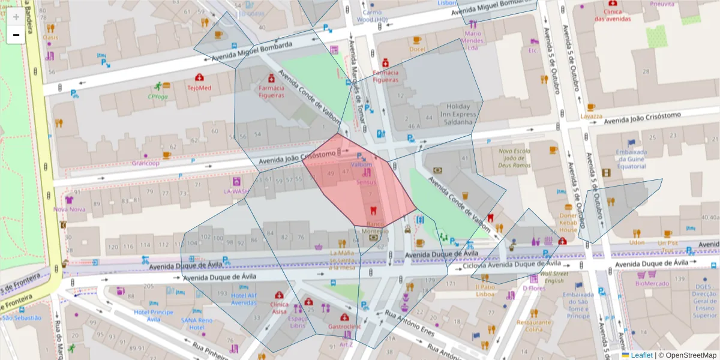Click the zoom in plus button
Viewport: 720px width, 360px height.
(16, 17)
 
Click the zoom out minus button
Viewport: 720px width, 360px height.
(16, 35)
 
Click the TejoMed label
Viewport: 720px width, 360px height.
(199, 88)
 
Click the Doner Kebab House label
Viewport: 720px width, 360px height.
(568, 223)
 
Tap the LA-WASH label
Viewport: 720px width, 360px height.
(236, 191)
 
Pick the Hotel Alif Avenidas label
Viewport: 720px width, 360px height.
(244, 299)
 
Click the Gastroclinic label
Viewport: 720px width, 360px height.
(344, 327)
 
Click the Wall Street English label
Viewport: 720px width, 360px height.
(553, 277)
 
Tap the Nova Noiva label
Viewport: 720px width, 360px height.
(69, 209)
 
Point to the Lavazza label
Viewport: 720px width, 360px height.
(591, 116)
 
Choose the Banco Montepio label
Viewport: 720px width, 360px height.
(375, 227)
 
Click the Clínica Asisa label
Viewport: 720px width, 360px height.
(278, 308)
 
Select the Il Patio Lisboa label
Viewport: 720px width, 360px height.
(485, 290)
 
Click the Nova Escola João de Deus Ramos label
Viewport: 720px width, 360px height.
(515, 158)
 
